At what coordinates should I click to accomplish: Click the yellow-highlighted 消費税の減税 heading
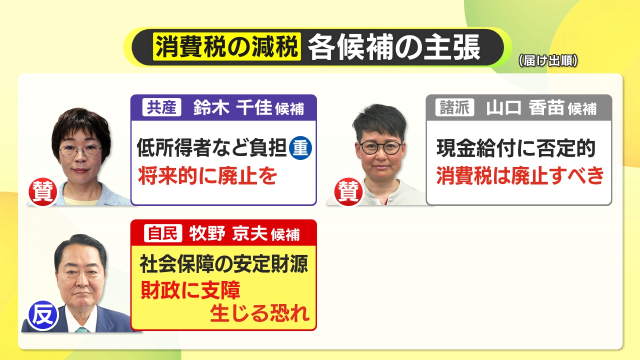pos(227,46)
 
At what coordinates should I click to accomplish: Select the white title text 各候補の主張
pos(394,47)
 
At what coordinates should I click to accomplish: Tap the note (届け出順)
pos(548,61)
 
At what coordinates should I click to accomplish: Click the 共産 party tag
pos(161,107)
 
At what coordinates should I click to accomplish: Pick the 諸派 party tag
pos(454,107)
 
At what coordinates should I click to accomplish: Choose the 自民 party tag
pos(163,233)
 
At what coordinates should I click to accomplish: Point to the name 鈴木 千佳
pos(232,107)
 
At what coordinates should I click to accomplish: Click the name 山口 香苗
pos(525,107)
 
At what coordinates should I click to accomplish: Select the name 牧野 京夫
pos(228,233)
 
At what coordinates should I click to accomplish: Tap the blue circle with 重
pos(300,148)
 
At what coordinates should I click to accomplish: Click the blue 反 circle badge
pos(43,315)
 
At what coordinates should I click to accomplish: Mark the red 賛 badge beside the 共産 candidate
pos(43,191)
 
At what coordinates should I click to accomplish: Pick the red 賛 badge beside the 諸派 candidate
pos(348,191)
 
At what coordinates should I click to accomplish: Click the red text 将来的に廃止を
pos(207,175)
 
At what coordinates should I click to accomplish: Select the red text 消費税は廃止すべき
pos(520,175)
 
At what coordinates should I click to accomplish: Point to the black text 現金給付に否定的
pos(516,148)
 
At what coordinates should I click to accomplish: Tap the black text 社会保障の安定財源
pos(224,263)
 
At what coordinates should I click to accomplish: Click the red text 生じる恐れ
pos(259,313)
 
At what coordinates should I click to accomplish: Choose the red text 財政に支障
pos(190,289)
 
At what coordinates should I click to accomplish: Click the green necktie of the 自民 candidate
pos(82,329)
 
